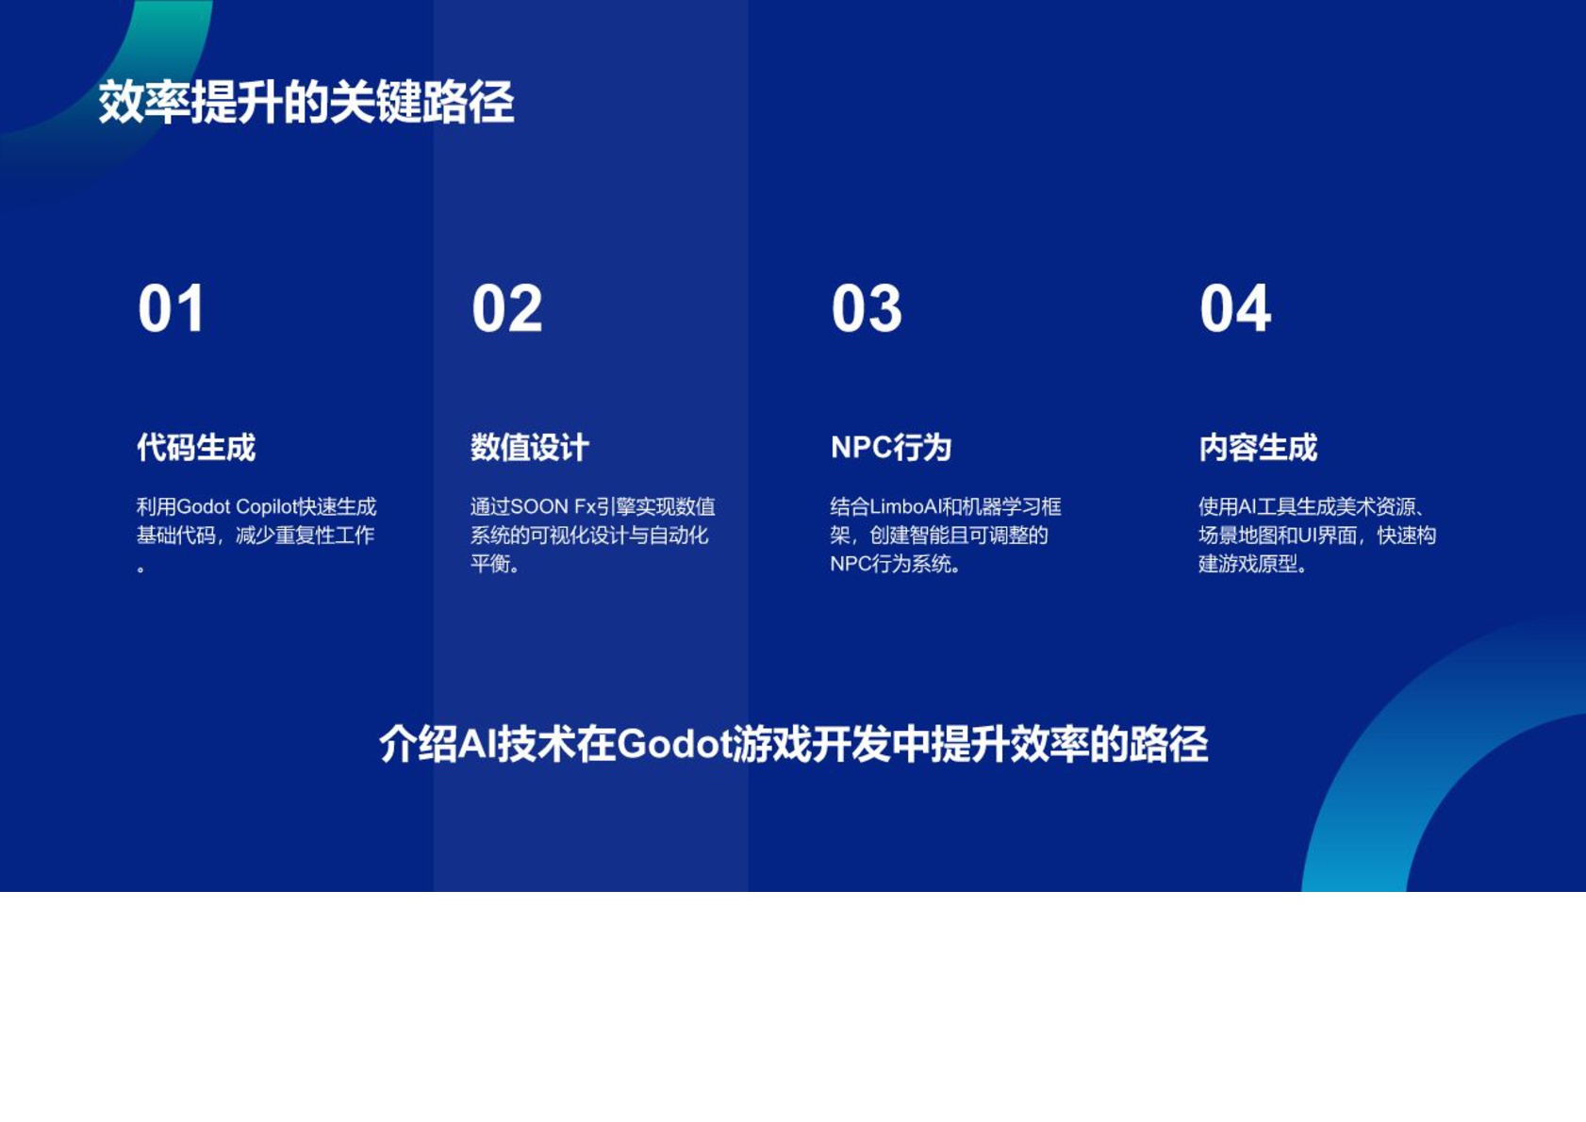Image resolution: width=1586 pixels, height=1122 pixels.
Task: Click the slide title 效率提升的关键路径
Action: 306,102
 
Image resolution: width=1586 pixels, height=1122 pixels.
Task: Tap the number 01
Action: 171,308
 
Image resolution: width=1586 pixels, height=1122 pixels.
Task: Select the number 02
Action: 506,308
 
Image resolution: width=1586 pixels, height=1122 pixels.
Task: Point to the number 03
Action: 866,308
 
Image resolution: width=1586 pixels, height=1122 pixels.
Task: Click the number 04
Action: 1234,308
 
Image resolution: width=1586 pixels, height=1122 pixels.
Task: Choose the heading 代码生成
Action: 196,447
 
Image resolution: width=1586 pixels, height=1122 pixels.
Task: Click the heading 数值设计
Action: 529,447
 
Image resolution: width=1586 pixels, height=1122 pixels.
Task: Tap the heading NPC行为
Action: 890,447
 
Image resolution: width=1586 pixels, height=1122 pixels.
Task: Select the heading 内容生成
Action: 1257,447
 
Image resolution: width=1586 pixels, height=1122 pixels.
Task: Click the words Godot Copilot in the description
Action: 237,507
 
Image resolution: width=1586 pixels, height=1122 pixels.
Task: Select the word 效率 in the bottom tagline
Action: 1049,745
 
